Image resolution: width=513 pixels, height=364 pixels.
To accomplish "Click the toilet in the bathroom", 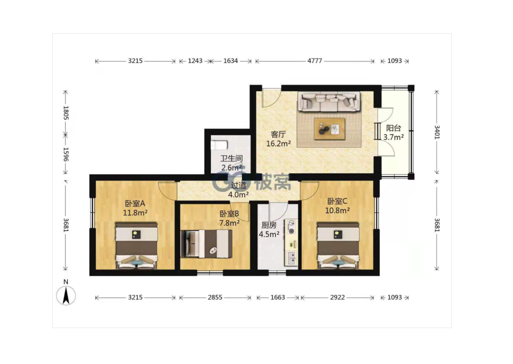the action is click(x=219, y=145).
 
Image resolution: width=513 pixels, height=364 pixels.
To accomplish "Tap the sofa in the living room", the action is click(x=329, y=102).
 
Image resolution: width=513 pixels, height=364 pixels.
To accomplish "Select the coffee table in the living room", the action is click(x=329, y=129).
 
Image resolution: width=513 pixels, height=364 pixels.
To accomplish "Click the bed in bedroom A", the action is click(x=136, y=245).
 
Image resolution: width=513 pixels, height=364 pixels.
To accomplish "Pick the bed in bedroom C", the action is click(x=338, y=245).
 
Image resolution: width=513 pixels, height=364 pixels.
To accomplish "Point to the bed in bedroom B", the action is click(x=206, y=243).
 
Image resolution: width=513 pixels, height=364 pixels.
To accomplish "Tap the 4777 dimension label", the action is click(x=315, y=61).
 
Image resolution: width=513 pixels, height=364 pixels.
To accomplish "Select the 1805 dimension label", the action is click(x=66, y=113).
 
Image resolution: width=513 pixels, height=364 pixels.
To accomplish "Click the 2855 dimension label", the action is click(x=215, y=297).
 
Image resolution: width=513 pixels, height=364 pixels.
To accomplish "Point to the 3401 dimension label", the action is click(x=437, y=132).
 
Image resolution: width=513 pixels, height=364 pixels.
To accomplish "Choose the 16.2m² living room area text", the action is click(x=278, y=144).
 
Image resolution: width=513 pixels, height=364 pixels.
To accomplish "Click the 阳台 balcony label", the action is click(x=394, y=128).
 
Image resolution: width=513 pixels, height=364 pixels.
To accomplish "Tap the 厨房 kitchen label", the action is click(x=269, y=225).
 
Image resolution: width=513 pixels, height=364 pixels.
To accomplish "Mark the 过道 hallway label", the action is click(x=238, y=185).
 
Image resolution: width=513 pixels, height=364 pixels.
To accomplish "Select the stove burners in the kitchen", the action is click(x=291, y=227).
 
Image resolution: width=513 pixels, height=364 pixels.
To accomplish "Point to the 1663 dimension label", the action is click(x=277, y=297).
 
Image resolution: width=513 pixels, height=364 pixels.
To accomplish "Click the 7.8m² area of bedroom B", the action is click(x=230, y=223).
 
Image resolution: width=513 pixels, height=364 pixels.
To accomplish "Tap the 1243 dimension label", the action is click(x=195, y=61).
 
